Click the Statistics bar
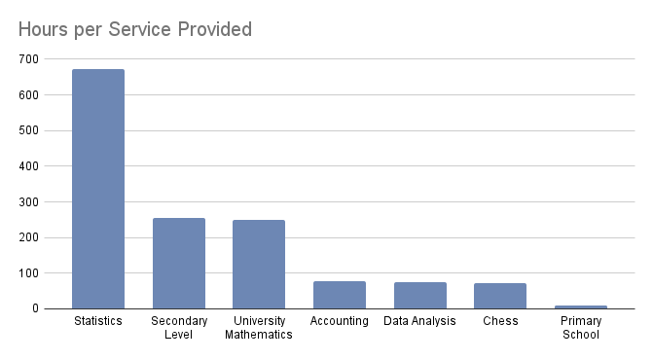(x=98, y=189)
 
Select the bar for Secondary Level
(x=179, y=263)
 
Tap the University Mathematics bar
(x=259, y=264)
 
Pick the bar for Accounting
(x=340, y=295)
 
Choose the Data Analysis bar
(x=419, y=296)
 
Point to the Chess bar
(x=500, y=296)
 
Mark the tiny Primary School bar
(x=581, y=306)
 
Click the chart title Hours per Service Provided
(x=135, y=29)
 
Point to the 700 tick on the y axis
(x=28, y=59)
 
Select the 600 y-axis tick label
(x=28, y=95)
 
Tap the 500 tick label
(x=28, y=130)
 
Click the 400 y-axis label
(x=28, y=166)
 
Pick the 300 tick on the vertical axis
(x=28, y=201)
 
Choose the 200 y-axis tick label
(x=28, y=237)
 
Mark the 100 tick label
(x=28, y=273)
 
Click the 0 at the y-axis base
(x=35, y=308)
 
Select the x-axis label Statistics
(x=98, y=321)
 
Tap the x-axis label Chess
(x=500, y=321)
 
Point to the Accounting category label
(x=340, y=321)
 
